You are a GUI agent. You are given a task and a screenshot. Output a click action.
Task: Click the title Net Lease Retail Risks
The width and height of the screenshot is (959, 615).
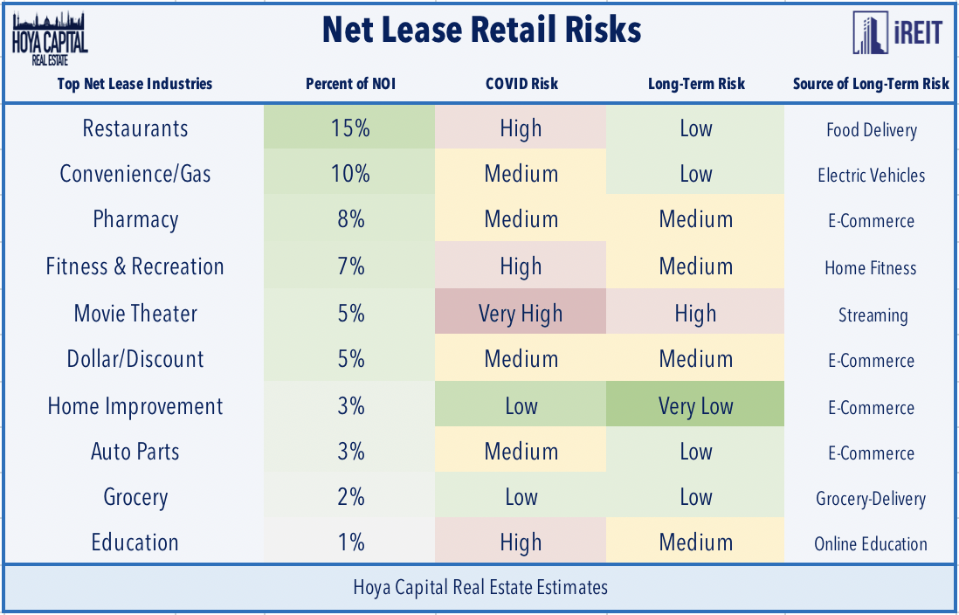[x=481, y=31]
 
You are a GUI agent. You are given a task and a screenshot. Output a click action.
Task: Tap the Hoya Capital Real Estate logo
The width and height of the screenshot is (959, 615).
[x=51, y=39]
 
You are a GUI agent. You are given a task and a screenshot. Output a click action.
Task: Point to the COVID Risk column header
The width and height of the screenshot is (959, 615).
[x=521, y=84]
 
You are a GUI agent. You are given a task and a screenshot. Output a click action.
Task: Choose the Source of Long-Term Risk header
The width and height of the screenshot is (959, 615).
[x=871, y=84]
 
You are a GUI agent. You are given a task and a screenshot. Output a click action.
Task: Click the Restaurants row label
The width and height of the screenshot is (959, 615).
[x=135, y=128]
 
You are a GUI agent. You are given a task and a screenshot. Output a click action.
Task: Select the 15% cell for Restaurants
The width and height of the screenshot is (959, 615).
[x=350, y=128]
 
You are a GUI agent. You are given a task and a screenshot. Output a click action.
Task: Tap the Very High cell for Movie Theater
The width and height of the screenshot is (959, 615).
[x=521, y=314]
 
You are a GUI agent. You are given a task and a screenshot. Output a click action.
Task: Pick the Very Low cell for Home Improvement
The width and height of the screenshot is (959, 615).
[x=696, y=406]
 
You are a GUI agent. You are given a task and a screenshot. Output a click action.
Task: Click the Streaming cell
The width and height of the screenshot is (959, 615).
[x=872, y=314]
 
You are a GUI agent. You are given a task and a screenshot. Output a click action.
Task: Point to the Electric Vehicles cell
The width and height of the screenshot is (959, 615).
[x=872, y=175]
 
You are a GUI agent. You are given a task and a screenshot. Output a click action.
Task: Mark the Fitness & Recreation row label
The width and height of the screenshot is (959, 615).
[x=135, y=266]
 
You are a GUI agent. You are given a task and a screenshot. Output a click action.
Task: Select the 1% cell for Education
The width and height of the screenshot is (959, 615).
[x=350, y=542]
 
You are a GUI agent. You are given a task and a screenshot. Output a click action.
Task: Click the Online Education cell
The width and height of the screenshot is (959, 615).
[x=871, y=543]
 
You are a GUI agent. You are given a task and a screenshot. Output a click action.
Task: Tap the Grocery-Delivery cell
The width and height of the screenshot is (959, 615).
[x=871, y=498]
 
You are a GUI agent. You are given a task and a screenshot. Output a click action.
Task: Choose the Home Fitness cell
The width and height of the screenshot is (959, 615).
[x=871, y=267]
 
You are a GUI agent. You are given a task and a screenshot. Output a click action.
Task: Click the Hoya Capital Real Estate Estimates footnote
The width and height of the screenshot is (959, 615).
[x=480, y=587]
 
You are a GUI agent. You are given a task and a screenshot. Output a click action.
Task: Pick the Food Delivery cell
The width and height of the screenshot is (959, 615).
[x=872, y=129]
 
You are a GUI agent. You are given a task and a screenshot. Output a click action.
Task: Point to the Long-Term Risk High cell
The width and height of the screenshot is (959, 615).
[x=696, y=314]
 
